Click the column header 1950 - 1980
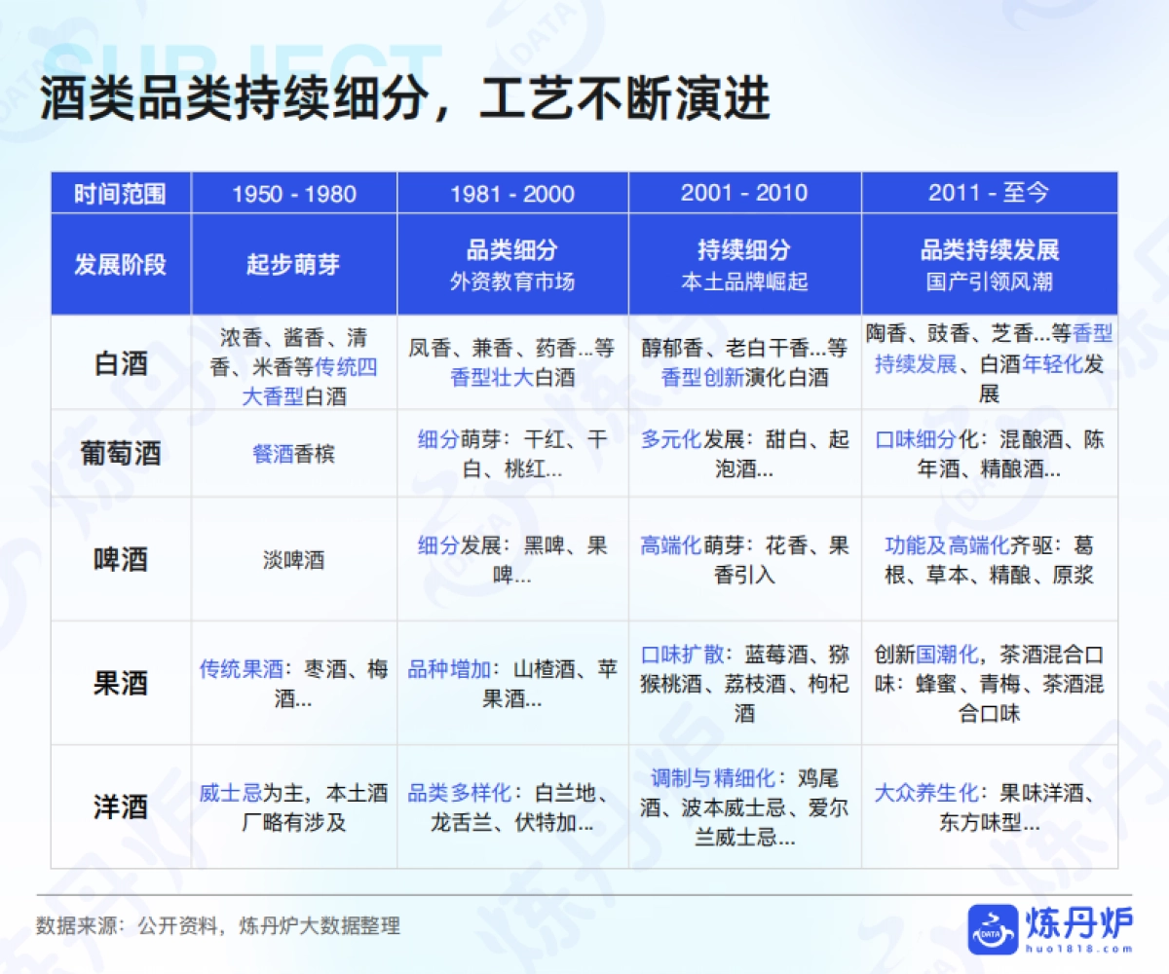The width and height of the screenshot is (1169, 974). [293, 193]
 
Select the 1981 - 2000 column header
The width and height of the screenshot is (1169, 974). [511, 193]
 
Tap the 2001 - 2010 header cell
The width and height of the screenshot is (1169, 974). [744, 193]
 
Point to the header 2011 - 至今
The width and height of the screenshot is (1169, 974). [988, 193]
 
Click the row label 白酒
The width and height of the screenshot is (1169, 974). [121, 363]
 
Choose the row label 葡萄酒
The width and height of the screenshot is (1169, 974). [121, 454]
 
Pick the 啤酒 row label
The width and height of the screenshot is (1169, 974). [121, 560]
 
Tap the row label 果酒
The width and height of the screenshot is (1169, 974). [121, 683]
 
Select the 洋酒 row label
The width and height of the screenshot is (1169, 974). [121, 806]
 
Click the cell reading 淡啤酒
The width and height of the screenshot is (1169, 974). [293, 560]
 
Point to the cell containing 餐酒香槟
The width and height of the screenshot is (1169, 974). [293, 454]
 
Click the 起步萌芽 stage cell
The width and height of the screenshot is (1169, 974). [293, 265]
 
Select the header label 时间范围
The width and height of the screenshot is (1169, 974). [121, 193]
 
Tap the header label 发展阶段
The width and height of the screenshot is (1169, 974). [121, 265]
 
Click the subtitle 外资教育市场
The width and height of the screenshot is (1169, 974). [511, 282]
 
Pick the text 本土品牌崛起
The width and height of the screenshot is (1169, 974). [744, 282]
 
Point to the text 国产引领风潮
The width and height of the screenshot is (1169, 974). [989, 282]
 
